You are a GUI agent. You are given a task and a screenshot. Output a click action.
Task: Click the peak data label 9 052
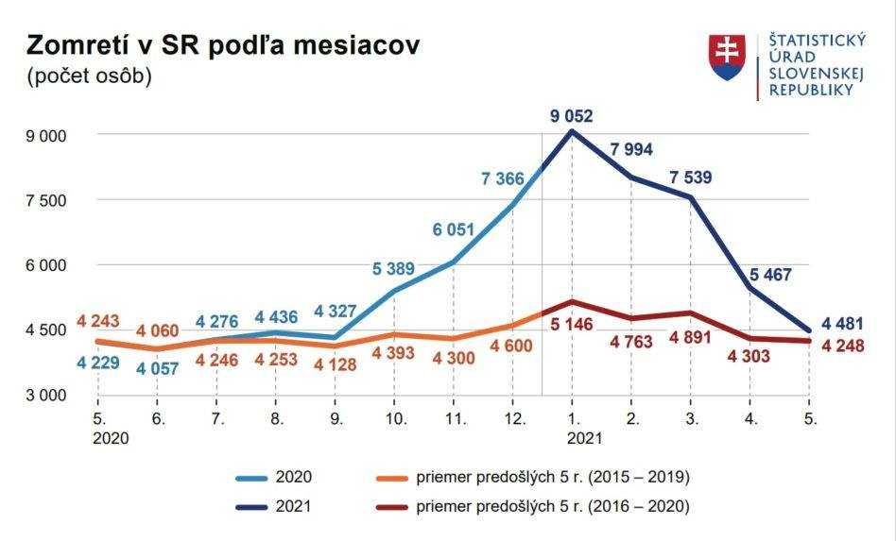[572, 116]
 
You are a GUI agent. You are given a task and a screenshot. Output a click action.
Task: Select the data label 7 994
[631, 150]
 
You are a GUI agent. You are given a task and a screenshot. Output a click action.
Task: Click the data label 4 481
[843, 324]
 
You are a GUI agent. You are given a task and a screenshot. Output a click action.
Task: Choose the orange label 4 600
[510, 346]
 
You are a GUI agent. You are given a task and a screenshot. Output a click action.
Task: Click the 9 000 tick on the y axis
[46, 135]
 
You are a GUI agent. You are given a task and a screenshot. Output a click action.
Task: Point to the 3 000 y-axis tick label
[46, 395]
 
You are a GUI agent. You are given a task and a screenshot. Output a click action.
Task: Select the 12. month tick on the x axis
[512, 416]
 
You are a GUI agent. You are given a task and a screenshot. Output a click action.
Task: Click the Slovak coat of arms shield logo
[727, 57]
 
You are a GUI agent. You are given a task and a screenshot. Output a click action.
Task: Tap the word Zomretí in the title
[88, 45]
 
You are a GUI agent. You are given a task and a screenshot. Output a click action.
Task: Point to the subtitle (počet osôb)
[89, 76]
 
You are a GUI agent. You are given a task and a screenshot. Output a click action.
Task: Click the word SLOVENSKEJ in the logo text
[812, 74]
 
